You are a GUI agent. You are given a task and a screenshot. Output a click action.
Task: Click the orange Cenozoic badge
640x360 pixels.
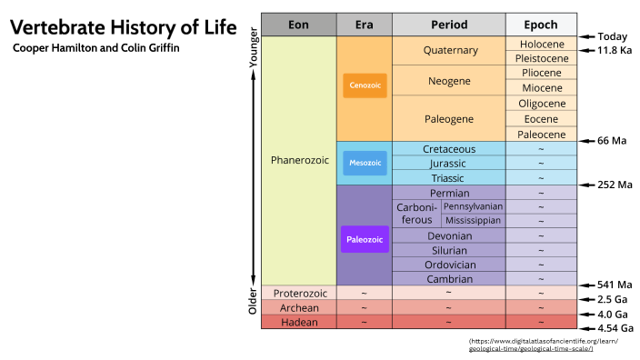pyautogui.click(x=364, y=86)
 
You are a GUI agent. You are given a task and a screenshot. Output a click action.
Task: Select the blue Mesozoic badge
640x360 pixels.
pyautogui.click(x=364, y=164)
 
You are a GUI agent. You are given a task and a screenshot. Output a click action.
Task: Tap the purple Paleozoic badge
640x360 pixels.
pyautogui.click(x=364, y=240)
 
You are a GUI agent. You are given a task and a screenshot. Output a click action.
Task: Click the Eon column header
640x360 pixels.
pyautogui.click(x=298, y=25)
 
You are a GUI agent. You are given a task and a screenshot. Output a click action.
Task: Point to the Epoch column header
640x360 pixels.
pyautogui.click(x=543, y=25)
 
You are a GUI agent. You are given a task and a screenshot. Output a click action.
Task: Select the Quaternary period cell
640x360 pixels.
pyautogui.click(x=449, y=51)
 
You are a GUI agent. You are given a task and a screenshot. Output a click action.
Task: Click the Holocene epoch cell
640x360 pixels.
pyautogui.click(x=543, y=44)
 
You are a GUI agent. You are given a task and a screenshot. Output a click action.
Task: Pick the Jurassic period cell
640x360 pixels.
pyautogui.click(x=449, y=164)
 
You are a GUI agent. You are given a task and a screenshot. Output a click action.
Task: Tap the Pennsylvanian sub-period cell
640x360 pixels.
pyautogui.click(x=473, y=206)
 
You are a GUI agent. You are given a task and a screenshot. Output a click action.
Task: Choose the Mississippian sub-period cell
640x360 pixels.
pyautogui.click(x=473, y=221)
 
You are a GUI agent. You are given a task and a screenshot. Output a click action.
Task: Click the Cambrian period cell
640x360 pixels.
pyautogui.click(x=449, y=278)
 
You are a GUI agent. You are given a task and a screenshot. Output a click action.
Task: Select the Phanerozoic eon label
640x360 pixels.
pyautogui.click(x=298, y=161)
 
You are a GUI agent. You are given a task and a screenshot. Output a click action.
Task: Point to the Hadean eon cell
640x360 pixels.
pyautogui.click(x=298, y=322)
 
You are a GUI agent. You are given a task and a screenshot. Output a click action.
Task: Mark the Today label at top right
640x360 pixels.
pyautogui.click(x=611, y=37)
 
